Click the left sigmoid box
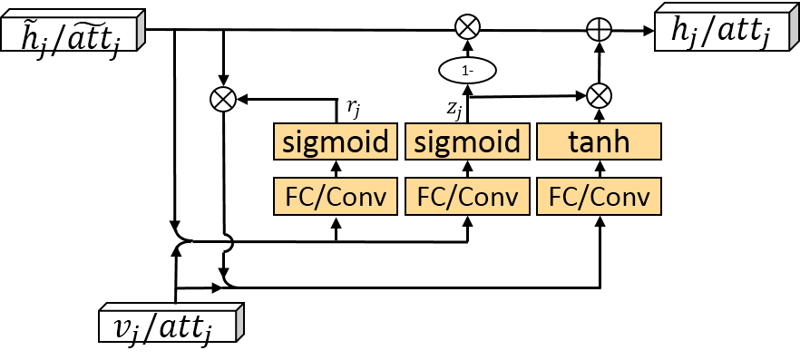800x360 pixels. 336,142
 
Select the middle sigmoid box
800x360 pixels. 467,142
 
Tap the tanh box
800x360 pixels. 599,142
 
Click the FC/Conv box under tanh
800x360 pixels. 599,197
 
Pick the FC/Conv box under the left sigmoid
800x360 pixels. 336,197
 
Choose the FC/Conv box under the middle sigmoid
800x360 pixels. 467,197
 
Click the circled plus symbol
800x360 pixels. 599,30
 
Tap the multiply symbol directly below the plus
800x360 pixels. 599,94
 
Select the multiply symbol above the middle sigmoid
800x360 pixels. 467,27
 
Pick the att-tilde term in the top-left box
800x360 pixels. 91,36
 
